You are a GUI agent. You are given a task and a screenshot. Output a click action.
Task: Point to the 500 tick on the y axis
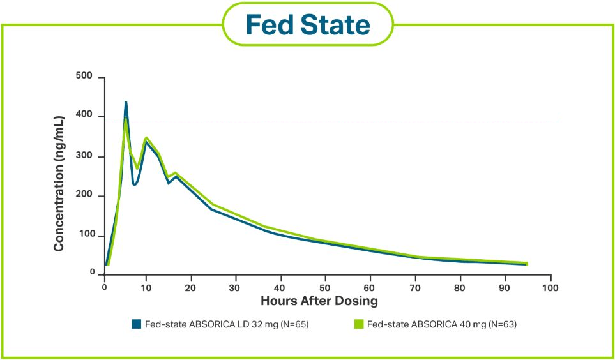point(84,77)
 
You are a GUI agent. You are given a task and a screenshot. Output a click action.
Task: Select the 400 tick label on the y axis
point(84,116)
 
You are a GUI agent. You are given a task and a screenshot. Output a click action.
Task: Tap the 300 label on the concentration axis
point(84,156)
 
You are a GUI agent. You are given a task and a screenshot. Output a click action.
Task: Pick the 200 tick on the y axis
point(84,196)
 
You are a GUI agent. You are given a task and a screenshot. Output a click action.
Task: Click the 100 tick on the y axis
point(85,236)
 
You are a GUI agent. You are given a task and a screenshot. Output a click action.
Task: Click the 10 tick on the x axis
point(146,287)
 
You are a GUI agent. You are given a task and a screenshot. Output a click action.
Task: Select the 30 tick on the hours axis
point(236,287)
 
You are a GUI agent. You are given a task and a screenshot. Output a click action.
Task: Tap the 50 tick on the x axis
point(325,287)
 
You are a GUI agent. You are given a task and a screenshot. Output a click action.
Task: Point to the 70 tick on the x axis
point(415,287)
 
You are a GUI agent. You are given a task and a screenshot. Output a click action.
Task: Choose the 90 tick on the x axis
point(505,287)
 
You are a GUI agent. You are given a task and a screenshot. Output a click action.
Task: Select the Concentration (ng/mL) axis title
point(58,183)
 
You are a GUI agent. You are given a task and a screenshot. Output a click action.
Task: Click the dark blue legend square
point(135,324)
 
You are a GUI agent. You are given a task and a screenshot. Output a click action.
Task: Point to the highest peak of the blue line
point(126,102)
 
